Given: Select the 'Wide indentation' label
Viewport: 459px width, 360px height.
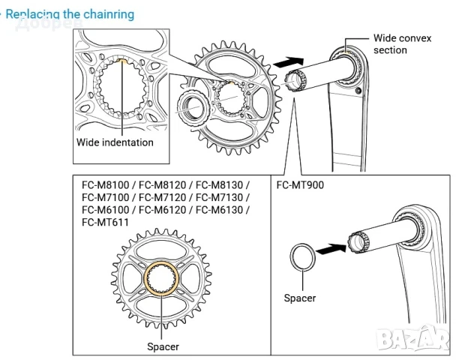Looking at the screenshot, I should (115, 142).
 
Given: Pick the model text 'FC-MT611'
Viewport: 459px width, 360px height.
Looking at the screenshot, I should (105, 222).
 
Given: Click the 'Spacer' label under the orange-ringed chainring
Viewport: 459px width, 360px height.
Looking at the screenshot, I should (163, 346).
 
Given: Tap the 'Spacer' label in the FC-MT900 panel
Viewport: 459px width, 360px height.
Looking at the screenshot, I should (299, 298).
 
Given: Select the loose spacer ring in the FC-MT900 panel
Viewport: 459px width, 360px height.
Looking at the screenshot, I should (302, 255).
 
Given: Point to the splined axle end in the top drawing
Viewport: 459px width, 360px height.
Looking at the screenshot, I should (294, 79).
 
